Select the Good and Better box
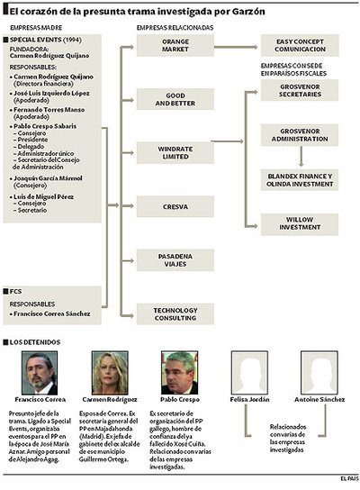click(175, 99)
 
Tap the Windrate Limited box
click(175, 152)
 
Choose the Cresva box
click(175, 206)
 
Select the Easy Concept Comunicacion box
click(300, 46)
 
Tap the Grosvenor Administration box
click(300, 135)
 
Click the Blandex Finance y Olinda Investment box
click(300, 178)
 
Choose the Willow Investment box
click(300, 222)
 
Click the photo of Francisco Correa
click(36, 372)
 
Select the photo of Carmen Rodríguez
click(110, 372)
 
